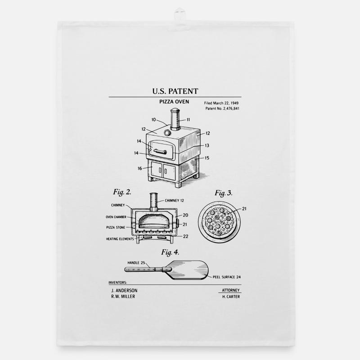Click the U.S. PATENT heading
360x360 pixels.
(x=175, y=91)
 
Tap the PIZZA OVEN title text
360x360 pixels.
(x=174, y=102)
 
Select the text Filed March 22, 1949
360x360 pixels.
(x=221, y=103)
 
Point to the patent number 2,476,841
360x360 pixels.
(x=222, y=109)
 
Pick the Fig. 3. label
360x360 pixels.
(x=223, y=193)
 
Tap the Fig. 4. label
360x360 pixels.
(x=170, y=252)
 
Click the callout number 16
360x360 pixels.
(x=139, y=168)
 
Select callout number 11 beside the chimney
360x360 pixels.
(x=188, y=120)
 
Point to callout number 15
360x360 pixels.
(x=207, y=158)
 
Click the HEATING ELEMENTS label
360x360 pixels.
(x=120, y=239)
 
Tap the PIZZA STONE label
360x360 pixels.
(x=116, y=227)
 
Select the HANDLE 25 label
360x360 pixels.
(x=136, y=262)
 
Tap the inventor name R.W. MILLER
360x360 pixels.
(x=122, y=297)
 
